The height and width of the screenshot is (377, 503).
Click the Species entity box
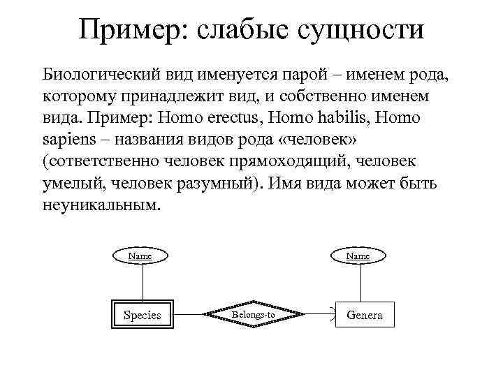pyautogui.click(x=143, y=315)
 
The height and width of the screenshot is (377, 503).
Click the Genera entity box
pyautogui.click(x=365, y=315)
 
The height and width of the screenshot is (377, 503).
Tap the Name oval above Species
pyautogui.click(x=142, y=256)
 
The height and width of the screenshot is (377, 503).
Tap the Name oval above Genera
pyautogui.click(x=359, y=256)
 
